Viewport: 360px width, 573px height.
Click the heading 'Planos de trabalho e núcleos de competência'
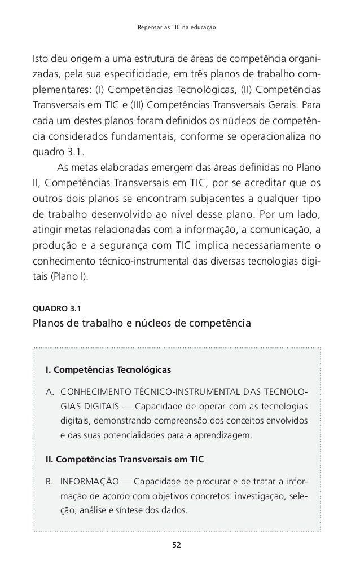click(x=143, y=324)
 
